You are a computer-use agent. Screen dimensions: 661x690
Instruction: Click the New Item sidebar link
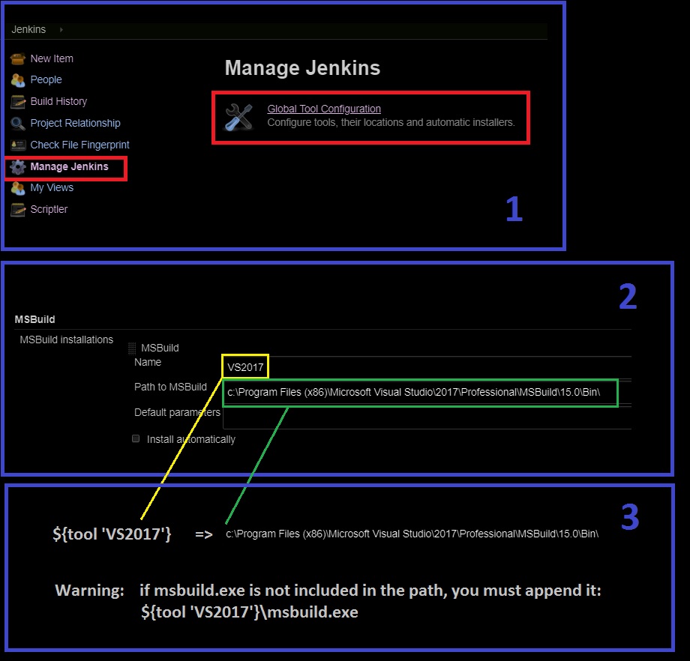(51, 58)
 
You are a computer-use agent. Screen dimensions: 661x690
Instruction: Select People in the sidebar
(46, 79)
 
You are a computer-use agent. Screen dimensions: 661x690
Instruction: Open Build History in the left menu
(58, 101)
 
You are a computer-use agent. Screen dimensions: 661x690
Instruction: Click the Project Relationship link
(75, 123)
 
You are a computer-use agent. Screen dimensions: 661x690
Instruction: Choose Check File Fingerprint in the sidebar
(79, 145)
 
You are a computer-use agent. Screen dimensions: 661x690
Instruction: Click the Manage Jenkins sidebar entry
(69, 166)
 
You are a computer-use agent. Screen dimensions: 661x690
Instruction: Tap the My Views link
(52, 187)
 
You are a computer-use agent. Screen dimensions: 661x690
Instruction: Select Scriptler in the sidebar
(49, 209)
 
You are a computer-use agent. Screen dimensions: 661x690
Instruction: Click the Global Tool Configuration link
(324, 109)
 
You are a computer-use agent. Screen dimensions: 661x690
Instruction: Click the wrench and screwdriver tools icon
(239, 116)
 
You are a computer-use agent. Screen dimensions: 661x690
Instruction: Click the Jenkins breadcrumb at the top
(28, 30)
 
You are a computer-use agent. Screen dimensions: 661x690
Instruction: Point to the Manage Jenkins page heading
(302, 68)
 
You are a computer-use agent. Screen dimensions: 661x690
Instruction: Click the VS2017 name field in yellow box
(244, 367)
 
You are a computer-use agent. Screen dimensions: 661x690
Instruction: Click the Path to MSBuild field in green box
(420, 393)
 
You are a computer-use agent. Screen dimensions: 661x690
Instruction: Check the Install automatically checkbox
(136, 438)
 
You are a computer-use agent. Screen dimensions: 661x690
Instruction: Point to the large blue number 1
(513, 210)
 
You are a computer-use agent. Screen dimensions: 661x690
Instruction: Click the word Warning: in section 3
(89, 591)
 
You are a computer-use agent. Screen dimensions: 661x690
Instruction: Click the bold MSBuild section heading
(34, 319)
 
